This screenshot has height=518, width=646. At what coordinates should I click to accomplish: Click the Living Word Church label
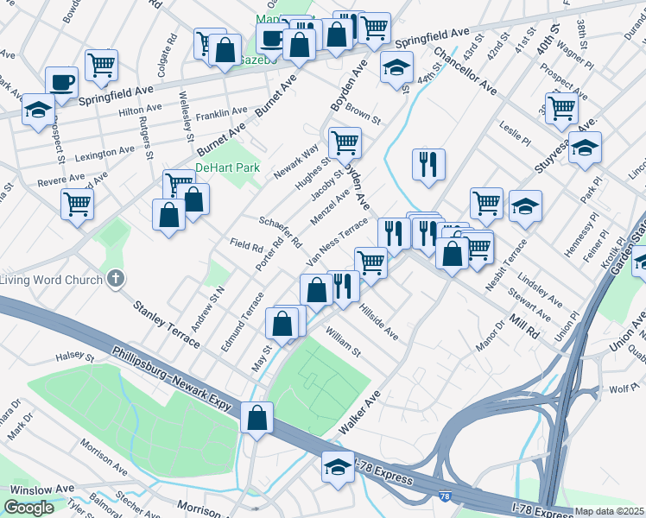pos(51,279)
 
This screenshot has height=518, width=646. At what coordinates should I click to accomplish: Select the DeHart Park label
pos(227,167)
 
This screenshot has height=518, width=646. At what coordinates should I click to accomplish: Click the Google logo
pos(28,508)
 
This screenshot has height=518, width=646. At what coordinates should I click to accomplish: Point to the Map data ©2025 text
pos(610,511)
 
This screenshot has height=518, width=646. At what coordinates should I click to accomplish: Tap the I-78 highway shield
pos(444,496)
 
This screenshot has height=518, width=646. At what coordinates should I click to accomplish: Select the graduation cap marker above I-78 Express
pos(338,467)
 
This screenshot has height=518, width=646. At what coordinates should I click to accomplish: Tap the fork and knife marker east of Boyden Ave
pos(428,163)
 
